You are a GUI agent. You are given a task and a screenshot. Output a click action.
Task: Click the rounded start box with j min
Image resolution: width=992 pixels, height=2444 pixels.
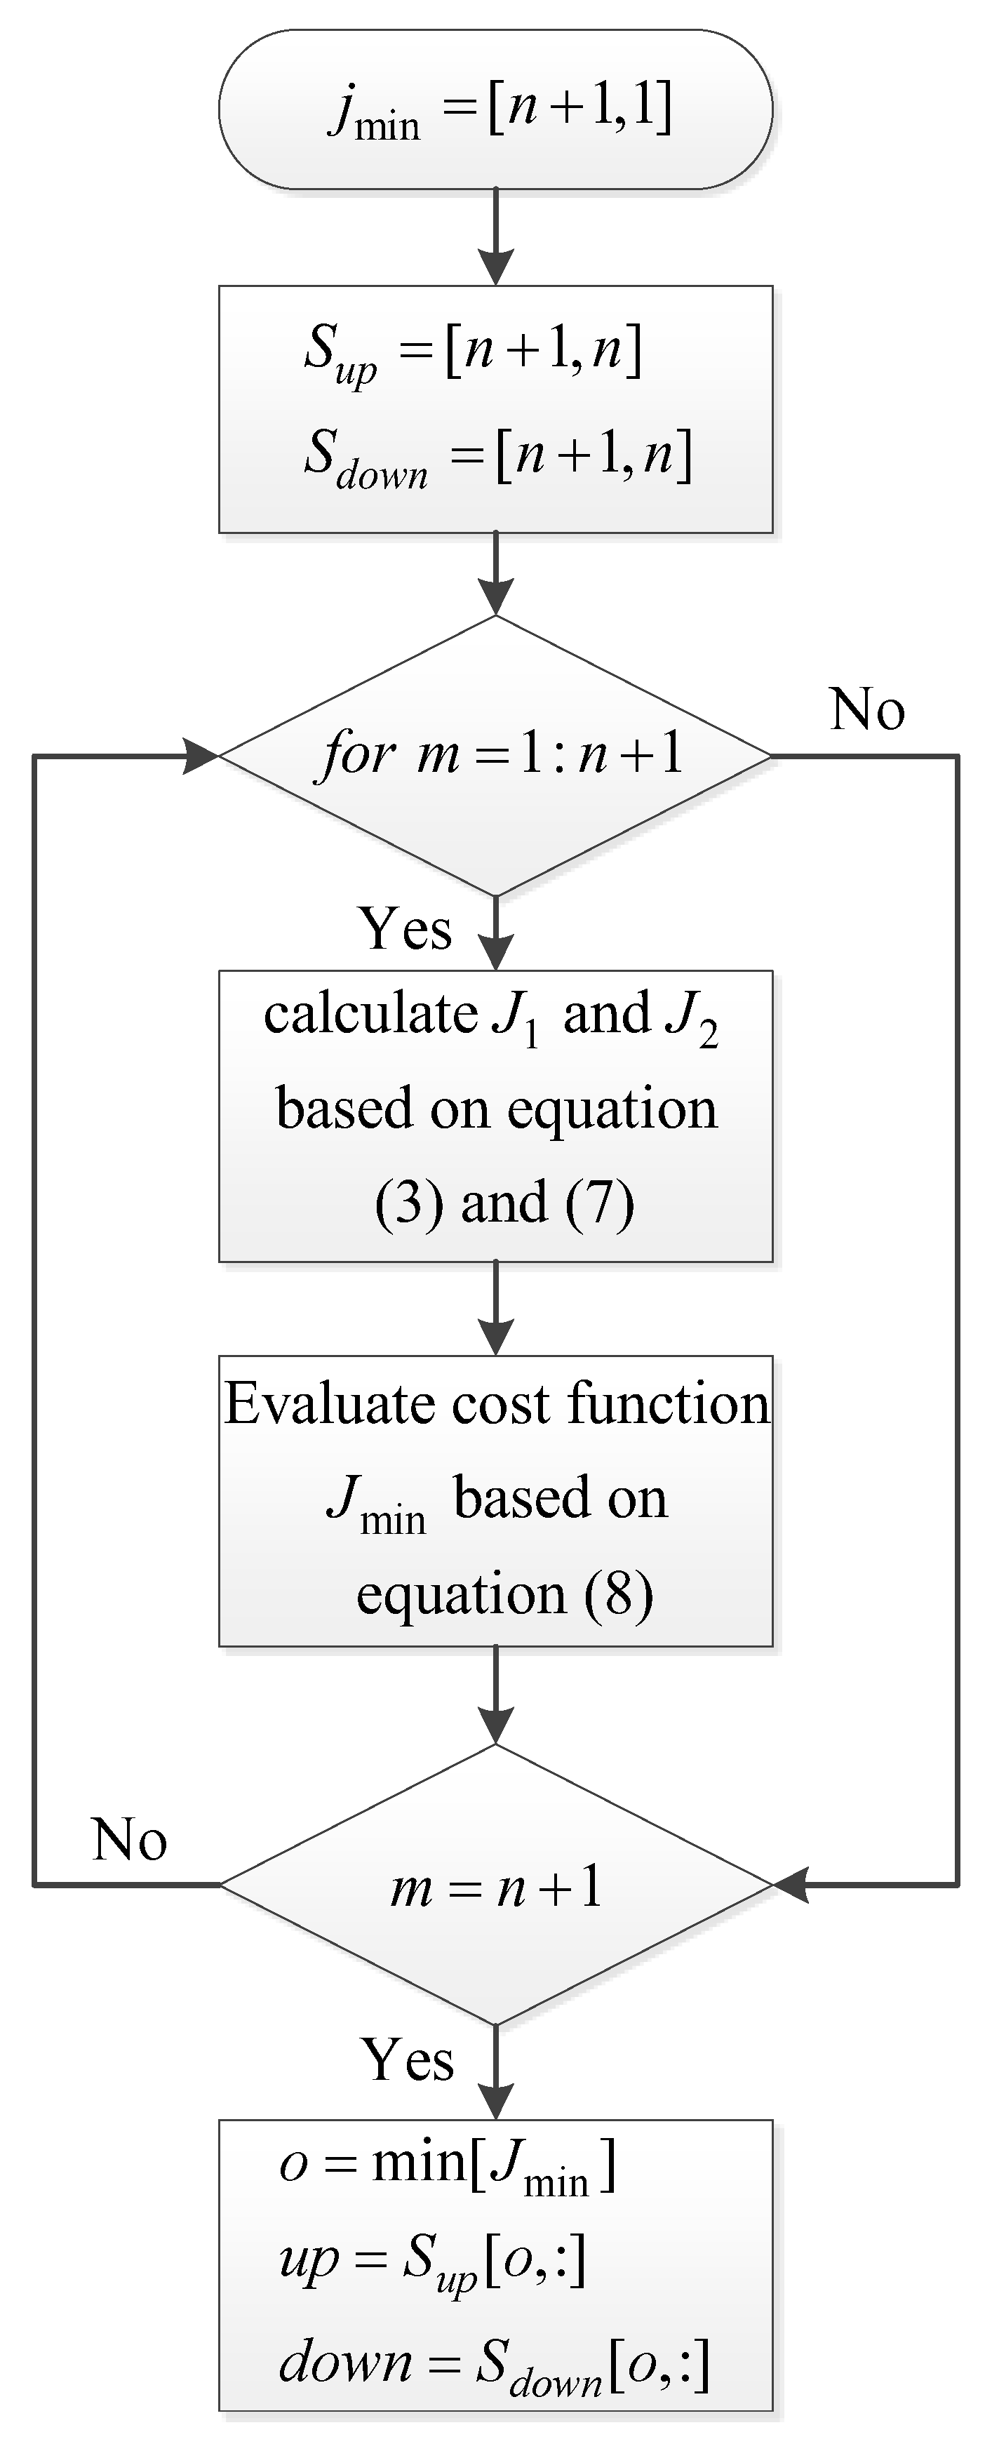[495, 109]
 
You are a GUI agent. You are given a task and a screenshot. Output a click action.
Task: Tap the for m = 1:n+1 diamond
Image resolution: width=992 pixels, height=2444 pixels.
[495, 755]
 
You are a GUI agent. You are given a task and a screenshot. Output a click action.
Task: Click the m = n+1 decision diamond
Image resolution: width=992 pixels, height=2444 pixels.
[495, 1885]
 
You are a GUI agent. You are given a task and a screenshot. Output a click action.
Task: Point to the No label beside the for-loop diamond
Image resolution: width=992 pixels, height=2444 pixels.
[867, 709]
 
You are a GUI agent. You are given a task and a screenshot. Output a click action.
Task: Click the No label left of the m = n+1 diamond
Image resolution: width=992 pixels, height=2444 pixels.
[130, 1840]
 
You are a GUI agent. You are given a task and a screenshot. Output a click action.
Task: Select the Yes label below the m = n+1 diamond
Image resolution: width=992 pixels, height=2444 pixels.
[408, 2059]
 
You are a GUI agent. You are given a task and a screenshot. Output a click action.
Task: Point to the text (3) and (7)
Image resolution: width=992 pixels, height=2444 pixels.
[504, 1202]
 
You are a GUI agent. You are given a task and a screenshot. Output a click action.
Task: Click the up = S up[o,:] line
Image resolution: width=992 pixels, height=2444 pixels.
[432, 2261]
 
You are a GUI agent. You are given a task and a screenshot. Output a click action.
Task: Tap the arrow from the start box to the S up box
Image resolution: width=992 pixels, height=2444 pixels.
[495, 237]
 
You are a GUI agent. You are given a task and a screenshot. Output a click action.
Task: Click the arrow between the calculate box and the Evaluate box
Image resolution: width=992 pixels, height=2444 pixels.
[495, 1307]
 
